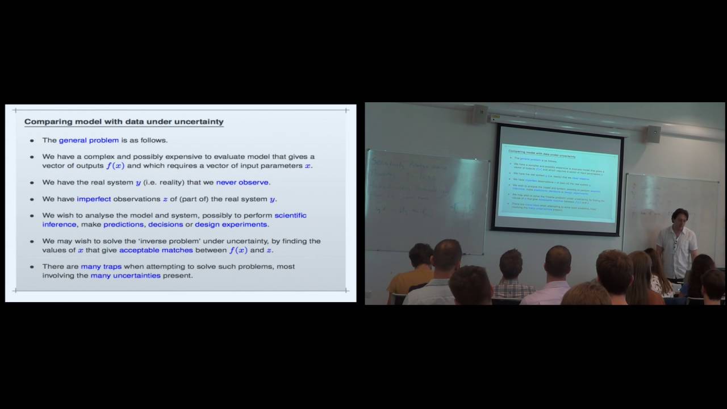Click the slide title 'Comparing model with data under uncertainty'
tap(124, 122)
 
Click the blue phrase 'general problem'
tap(89, 140)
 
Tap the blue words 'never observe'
tap(243, 182)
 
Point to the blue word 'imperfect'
tap(94, 199)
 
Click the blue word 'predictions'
tap(123, 224)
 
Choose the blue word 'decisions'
tap(165, 224)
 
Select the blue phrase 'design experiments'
tap(231, 224)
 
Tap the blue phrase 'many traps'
tap(101, 266)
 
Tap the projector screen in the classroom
tap(558, 178)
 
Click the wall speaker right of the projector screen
tap(653, 134)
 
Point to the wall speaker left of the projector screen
tap(481, 114)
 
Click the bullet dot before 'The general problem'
tap(32, 140)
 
